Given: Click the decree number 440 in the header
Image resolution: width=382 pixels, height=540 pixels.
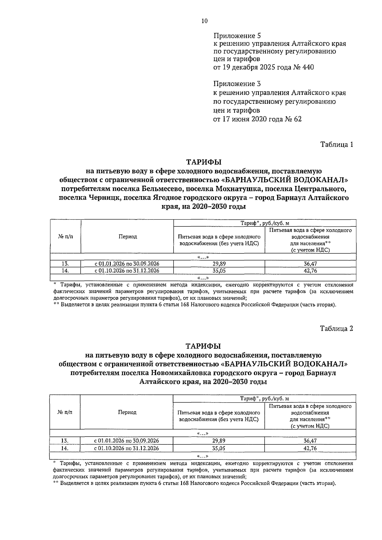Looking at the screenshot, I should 308,67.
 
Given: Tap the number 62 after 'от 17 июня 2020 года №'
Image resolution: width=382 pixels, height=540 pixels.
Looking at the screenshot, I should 296,119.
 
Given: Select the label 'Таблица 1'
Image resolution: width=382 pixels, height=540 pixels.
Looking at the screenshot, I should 336,145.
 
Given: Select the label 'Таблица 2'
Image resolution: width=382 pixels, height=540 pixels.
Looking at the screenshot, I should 336,329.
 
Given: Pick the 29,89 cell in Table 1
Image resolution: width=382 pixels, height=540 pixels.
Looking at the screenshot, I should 219,264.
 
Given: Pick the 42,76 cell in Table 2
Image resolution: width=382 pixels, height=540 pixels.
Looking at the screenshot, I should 310,448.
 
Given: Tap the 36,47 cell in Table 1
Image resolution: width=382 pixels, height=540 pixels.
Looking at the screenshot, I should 310,264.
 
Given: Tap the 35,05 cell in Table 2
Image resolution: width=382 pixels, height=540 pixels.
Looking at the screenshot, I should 219,448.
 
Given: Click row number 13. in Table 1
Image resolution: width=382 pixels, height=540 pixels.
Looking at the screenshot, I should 65,264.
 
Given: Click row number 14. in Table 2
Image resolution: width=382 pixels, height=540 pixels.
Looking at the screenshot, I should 65,448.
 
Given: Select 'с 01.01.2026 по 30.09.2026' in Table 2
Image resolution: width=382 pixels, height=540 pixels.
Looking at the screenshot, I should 127,441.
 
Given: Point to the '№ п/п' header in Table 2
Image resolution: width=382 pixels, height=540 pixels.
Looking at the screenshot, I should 65,412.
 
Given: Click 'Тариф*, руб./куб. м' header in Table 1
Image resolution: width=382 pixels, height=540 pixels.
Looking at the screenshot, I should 265,223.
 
